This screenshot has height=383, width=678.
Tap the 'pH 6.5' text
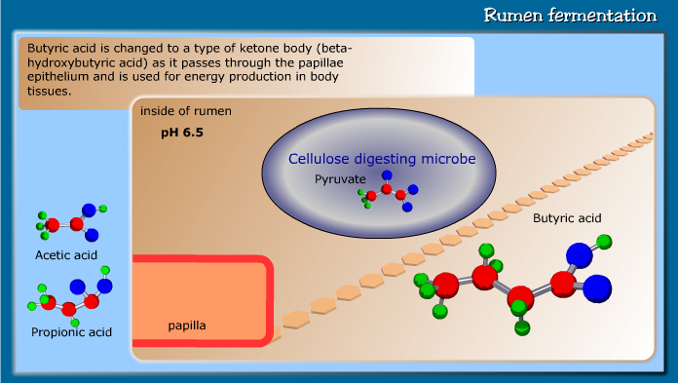[x=182, y=131]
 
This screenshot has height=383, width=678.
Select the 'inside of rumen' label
[x=185, y=110]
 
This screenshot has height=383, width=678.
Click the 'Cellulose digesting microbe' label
[x=382, y=158]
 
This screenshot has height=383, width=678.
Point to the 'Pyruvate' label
[x=340, y=179]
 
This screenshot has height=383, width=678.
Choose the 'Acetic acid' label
[x=66, y=255]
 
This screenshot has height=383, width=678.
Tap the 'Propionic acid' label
[x=71, y=332]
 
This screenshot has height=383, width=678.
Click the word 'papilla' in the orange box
[x=187, y=324]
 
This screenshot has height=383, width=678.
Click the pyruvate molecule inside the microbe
[x=387, y=193]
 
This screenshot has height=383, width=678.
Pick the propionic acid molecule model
[x=71, y=297]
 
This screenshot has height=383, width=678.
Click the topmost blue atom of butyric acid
[x=580, y=255]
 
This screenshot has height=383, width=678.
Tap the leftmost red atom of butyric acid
[x=445, y=286]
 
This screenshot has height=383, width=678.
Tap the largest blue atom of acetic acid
[x=90, y=210]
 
